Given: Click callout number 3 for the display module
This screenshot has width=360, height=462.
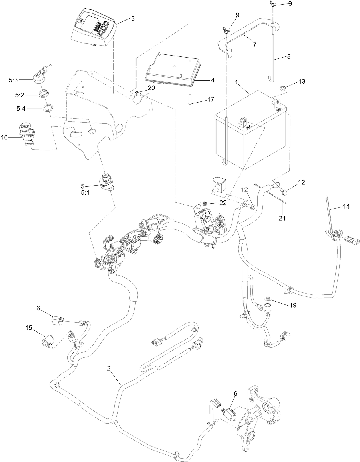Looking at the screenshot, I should (133, 18).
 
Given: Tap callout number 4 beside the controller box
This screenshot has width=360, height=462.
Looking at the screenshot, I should (213, 80).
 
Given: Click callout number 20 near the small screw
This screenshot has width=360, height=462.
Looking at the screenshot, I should (151, 88).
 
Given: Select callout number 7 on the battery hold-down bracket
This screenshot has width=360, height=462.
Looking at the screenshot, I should (254, 44).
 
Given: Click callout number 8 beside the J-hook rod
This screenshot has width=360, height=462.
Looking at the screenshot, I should (288, 56).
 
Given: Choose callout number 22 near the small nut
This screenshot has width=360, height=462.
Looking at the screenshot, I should (223, 203).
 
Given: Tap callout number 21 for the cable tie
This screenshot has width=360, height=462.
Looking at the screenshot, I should (282, 218).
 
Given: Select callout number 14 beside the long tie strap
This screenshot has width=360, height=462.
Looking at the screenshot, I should (346, 206).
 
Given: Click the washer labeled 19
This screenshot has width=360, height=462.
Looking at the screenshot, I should (268, 298).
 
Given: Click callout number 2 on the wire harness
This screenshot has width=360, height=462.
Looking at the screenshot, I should (109, 369).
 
